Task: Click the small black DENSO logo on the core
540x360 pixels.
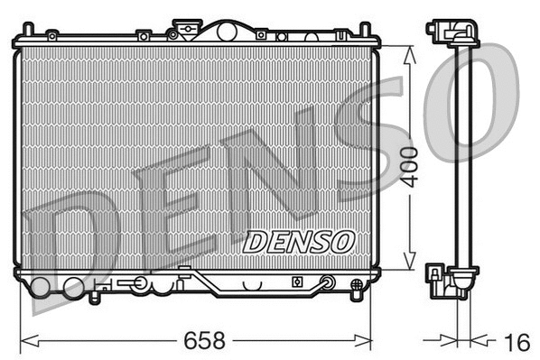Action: tap(299, 241)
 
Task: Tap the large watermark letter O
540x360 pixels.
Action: tap(470, 99)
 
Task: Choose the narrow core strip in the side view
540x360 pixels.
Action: tap(464, 153)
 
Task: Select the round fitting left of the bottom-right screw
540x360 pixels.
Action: tap(327, 282)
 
